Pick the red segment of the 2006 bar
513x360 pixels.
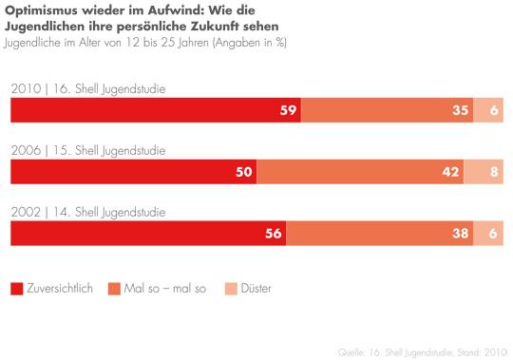pyautogui.click(x=133, y=172)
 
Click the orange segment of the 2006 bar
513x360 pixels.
pyautogui.click(x=360, y=172)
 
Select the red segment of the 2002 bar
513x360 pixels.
pyautogui.click(x=147, y=234)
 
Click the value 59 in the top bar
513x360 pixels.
pyautogui.click(x=285, y=110)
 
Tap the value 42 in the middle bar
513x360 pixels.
pyautogui.click(x=451, y=172)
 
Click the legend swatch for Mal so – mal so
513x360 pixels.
pyautogui.click(x=115, y=288)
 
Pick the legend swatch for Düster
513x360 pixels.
pyautogui.click(x=231, y=288)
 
